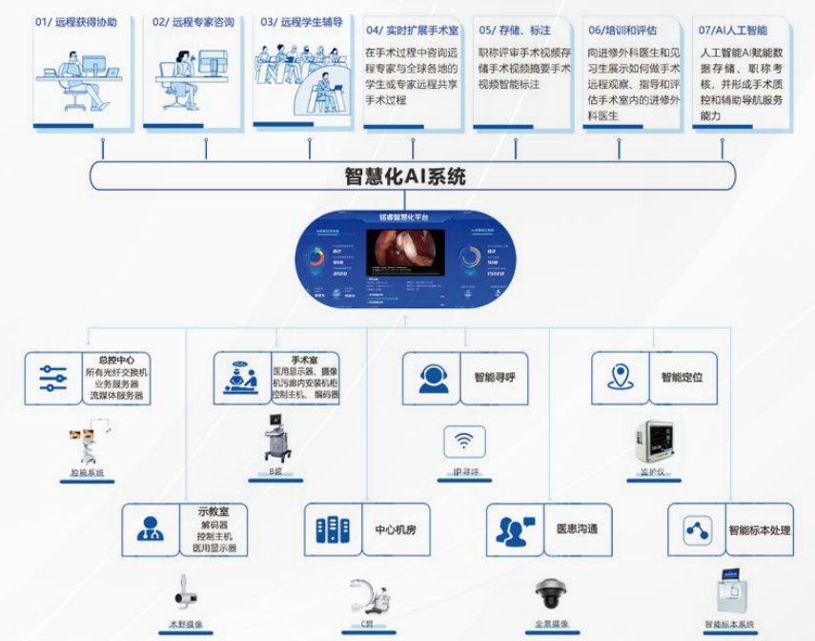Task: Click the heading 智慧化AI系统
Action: [405, 176]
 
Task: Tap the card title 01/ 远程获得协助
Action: [76, 21]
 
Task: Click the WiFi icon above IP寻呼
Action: [464, 442]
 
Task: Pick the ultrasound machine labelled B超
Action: [277, 440]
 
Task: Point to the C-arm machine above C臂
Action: [365, 595]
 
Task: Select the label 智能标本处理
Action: [759, 530]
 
